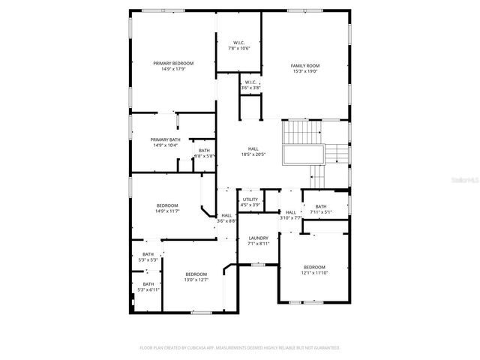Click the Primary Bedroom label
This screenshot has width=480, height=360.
(x=173, y=63)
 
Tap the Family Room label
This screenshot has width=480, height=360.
(x=305, y=66)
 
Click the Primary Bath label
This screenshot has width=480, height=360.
(x=164, y=139)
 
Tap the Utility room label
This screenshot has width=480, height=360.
(x=250, y=199)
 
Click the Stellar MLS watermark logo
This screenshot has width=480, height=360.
(x=464, y=181)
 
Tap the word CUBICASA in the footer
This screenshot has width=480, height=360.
(x=201, y=348)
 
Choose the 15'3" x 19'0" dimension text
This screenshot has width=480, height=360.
(x=305, y=72)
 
